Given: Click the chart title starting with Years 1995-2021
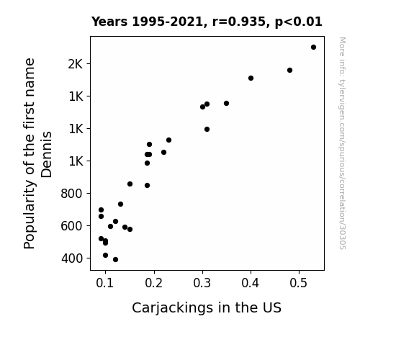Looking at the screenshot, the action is tap(207, 22).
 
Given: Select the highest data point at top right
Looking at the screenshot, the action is tap(313, 48).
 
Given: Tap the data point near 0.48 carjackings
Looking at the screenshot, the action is tap(289, 71).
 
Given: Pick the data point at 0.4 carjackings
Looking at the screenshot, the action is tap(251, 78).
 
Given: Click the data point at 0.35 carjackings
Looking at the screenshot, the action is tap(226, 103).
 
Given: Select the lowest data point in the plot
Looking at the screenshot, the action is tap(115, 260).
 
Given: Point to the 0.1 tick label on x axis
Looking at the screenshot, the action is tap(105, 283).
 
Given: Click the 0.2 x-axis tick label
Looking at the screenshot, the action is tap(153, 283).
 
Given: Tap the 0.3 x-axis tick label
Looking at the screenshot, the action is tap(202, 283).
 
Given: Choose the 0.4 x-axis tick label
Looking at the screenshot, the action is tap(251, 283).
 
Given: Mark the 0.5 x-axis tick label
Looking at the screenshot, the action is tap(299, 283).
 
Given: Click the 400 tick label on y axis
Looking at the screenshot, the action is tap(72, 258).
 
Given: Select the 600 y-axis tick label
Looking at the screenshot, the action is tap(72, 226).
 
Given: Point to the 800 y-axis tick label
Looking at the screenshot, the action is tap(72, 194).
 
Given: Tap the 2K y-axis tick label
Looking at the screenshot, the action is tap(76, 64).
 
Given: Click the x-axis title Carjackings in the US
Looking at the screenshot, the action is tap(207, 307).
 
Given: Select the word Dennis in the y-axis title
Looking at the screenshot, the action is tap(47, 155).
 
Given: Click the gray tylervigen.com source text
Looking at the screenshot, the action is tap(342, 143).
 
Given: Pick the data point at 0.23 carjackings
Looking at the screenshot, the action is tap(168, 140).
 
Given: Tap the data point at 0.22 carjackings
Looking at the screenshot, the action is tap(163, 153).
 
